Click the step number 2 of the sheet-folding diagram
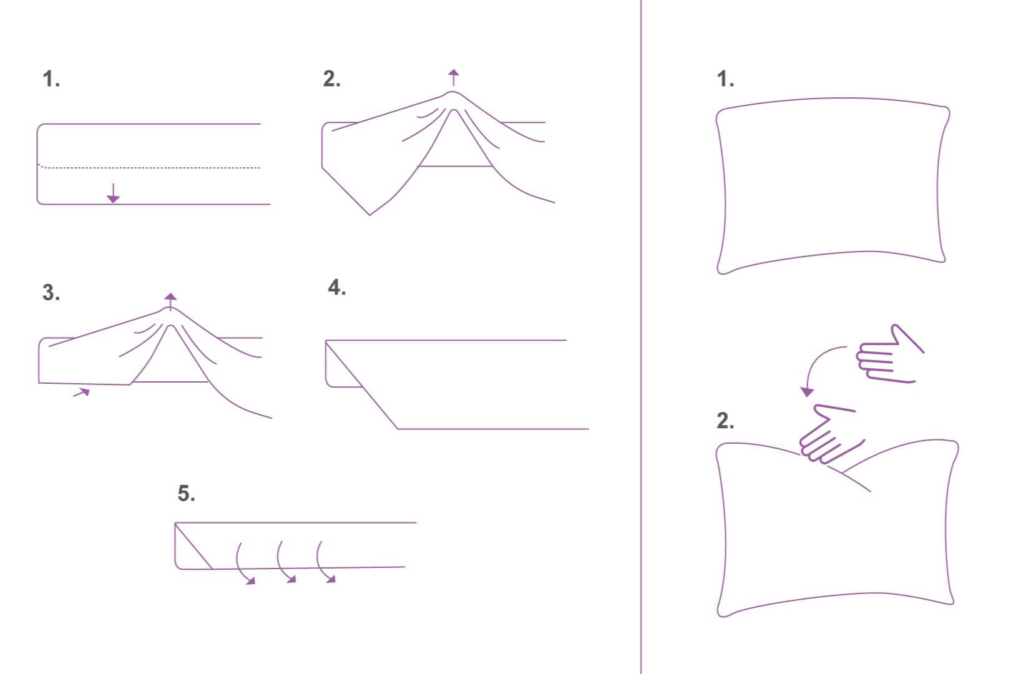point(331,79)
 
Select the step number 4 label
point(336,287)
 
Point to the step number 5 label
point(186,493)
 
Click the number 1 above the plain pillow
point(725,79)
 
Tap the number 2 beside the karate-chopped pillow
point(725,421)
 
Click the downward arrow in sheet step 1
point(113,193)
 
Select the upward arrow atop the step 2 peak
point(454,77)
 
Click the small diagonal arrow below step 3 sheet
point(82,393)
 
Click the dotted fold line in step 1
point(150,167)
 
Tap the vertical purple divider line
point(641,337)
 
